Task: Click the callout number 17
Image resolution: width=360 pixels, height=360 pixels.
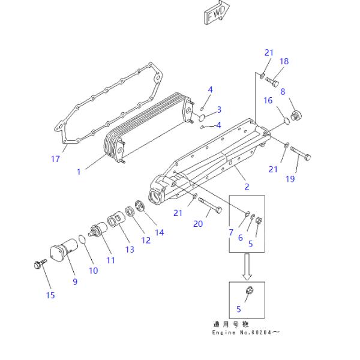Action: [55, 158]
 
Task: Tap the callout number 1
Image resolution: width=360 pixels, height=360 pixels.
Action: [79, 172]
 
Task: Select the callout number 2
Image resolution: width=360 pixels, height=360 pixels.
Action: [247, 187]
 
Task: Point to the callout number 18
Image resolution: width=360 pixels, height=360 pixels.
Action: [284, 61]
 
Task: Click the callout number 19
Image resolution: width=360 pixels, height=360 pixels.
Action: [291, 178]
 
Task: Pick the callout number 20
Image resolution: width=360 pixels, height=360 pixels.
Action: [198, 224]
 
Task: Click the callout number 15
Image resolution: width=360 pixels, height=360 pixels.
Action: [50, 294]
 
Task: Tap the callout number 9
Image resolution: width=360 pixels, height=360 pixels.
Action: [75, 281]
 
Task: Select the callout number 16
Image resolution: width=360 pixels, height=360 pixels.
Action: [267, 100]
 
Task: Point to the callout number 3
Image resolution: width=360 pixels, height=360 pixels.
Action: [219, 109]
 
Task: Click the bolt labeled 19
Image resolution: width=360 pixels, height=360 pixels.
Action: [299, 154]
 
